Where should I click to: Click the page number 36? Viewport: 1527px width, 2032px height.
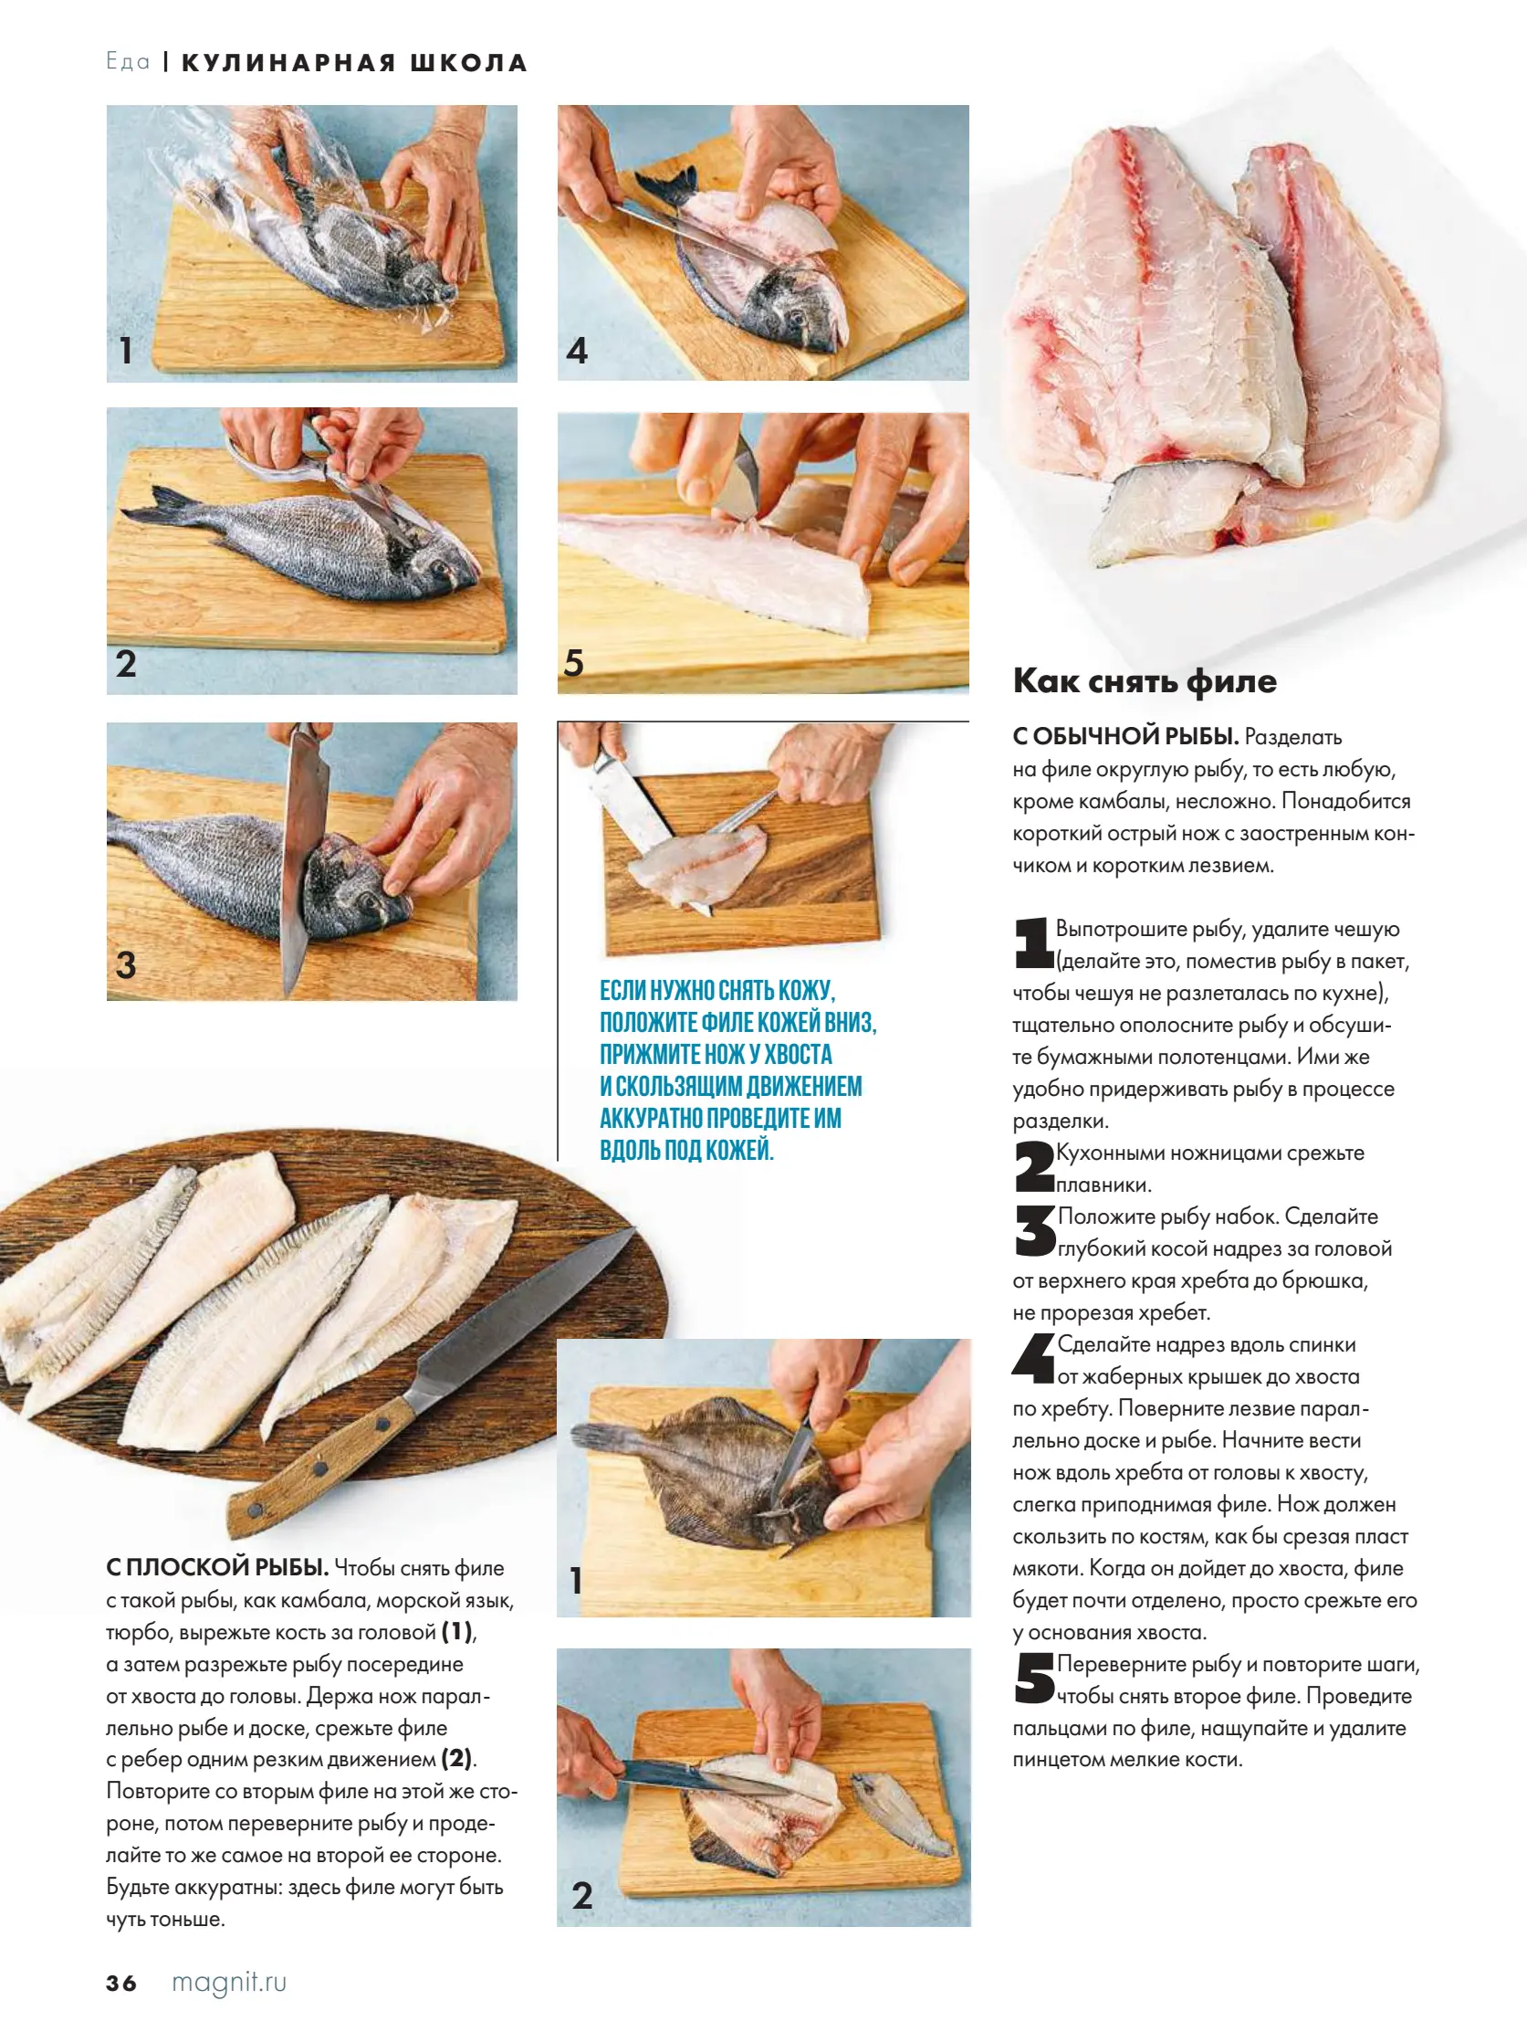(x=121, y=1983)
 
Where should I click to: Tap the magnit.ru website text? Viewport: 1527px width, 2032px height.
(x=228, y=1983)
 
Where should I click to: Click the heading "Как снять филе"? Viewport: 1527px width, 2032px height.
(x=1144, y=680)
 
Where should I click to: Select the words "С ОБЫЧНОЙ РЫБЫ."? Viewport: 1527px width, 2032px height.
(x=1125, y=736)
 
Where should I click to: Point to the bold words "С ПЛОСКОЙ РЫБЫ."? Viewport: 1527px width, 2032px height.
(x=217, y=1568)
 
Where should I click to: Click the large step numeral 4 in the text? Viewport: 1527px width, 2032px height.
(x=1033, y=1358)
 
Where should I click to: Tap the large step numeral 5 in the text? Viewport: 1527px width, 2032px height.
(x=1035, y=1679)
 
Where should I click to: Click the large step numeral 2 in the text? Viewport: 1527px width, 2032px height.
(x=1034, y=1166)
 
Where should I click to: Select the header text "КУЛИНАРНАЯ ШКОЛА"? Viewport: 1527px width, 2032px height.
(x=354, y=62)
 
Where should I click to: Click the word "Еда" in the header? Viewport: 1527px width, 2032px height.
(x=128, y=61)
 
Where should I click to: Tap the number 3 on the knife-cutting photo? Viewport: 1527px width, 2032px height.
(x=126, y=964)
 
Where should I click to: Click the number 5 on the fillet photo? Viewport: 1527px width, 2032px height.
(x=574, y=662)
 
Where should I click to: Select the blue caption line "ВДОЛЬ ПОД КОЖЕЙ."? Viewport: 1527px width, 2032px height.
(x=686, y=1150)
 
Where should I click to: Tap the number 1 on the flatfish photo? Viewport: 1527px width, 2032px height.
(x=576, y=1580)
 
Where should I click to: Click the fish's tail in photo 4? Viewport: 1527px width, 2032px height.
(x=668, y=187)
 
